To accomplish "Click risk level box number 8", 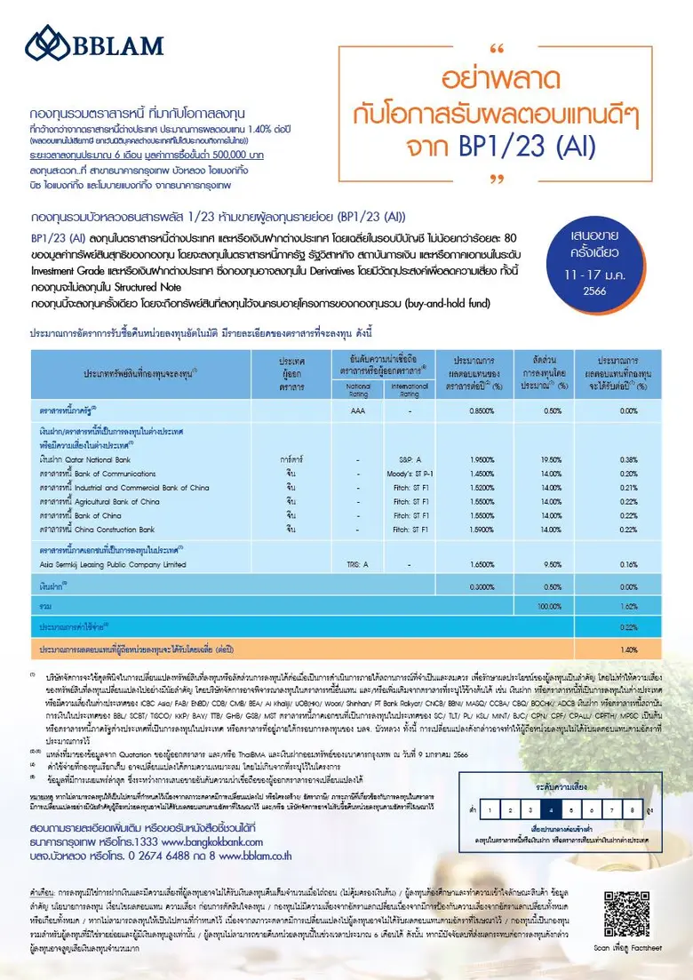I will click(631, 810).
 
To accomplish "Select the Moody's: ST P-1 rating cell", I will click(410, 474).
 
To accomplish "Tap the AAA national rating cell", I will click(358, 411).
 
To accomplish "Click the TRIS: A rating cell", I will click(358, 564).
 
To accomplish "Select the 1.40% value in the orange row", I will click(629, 649).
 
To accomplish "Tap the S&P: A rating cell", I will click(410, 459).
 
